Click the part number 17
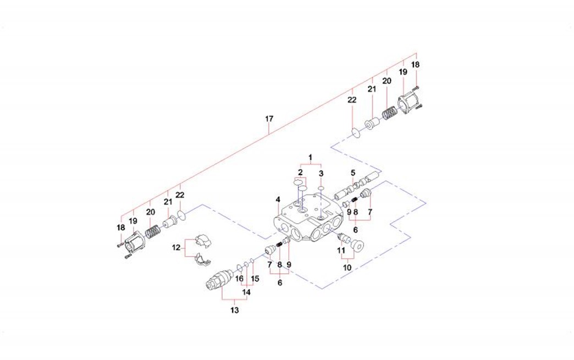pos(269,119)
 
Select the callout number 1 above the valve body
pos(310,158)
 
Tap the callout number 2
pos(301,173)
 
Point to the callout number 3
pos(321,174)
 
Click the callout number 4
pos(278,199)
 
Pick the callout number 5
pos(353,173)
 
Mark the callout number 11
pos(342,250)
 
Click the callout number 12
pos(176,248)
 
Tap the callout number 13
pos(235,311)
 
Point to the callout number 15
pos(255,279)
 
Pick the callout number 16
pos(239,279)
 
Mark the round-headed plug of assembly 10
pos(359,247)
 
